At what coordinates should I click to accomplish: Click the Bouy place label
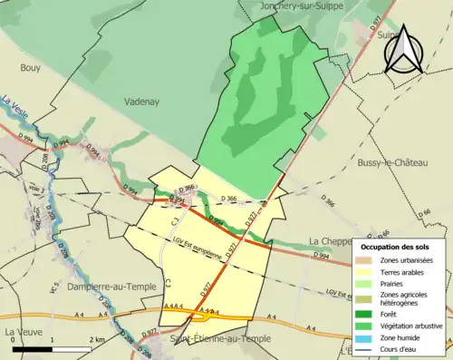tap(30, 67)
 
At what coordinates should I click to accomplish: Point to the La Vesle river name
tap(16, 107)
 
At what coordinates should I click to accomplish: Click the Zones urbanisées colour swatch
tap(365, 260)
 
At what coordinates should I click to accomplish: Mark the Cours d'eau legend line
tap(365, 348)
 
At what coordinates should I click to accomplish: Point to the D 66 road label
tap(426, 213)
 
